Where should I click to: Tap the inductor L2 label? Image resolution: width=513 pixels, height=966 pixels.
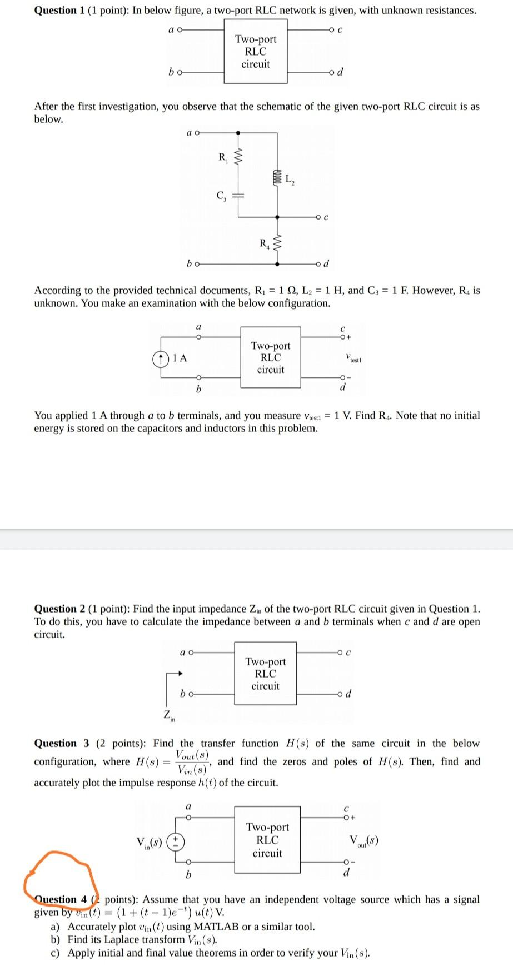point(291,179)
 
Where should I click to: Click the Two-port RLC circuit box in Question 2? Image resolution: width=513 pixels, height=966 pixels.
point(265,673)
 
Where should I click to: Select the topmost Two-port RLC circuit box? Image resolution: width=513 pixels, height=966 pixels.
point(256,51)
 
